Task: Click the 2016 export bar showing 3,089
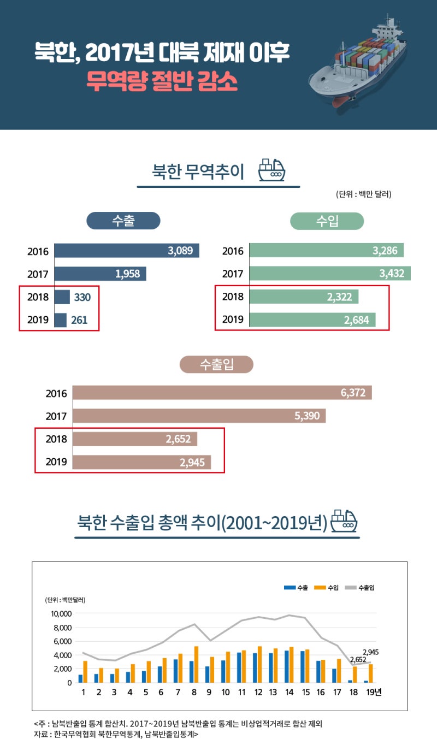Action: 127,251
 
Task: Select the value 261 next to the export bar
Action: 79,320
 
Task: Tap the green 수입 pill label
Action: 327,221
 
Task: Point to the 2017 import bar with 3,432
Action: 330,274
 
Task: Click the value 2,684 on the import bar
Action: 357,320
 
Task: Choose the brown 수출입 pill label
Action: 217,364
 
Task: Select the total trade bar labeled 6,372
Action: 222,393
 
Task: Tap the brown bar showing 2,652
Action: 135,439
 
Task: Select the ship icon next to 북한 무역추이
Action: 271,170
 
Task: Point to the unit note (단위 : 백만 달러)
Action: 364,194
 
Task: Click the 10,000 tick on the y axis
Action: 61,613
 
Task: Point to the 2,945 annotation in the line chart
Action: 370,652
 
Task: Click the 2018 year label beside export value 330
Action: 38,298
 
